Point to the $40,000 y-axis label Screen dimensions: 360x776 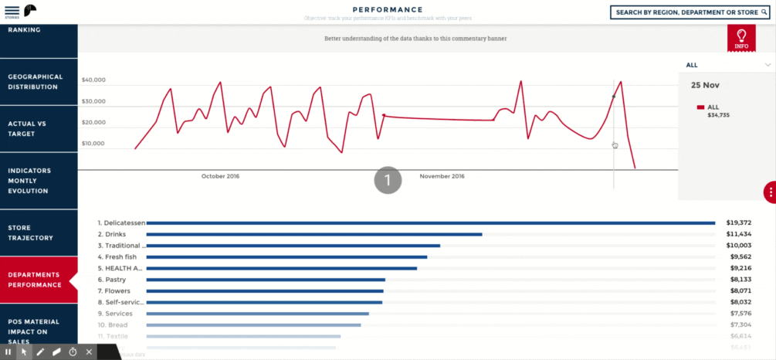pos(93,80)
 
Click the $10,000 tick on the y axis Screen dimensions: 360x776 pos(93,144)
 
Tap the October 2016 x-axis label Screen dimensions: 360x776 pos(221,177)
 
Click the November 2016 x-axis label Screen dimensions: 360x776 pos(442,177)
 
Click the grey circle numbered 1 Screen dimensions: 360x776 pos(388,180)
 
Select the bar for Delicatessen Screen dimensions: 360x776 pos(430,223)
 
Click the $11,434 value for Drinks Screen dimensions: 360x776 pos(738,234)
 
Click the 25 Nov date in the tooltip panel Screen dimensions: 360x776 pos(705,85)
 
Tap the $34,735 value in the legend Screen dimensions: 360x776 pos(718,115)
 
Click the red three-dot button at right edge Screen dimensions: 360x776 pos(770,192)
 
